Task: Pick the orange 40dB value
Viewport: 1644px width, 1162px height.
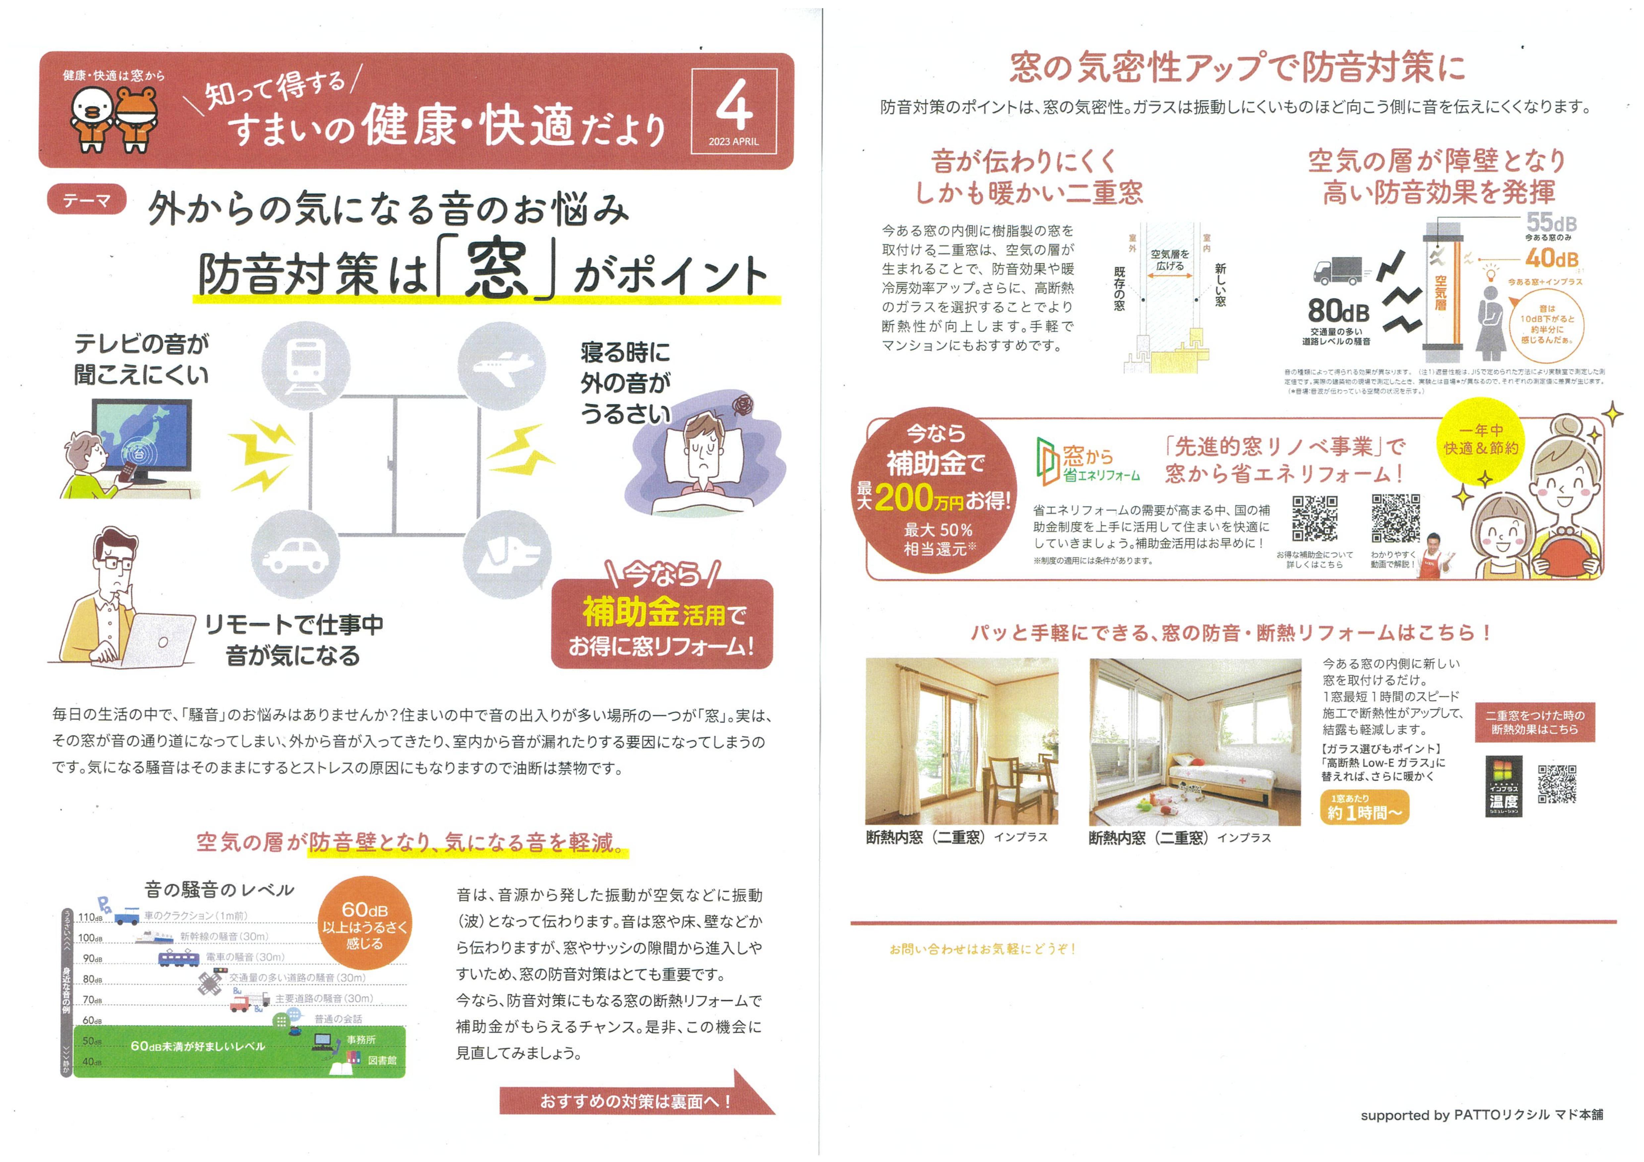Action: (1552, 258)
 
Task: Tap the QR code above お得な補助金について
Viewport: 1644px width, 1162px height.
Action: (1315, 518)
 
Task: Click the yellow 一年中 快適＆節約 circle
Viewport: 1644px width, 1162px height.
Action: (1481, 439)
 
